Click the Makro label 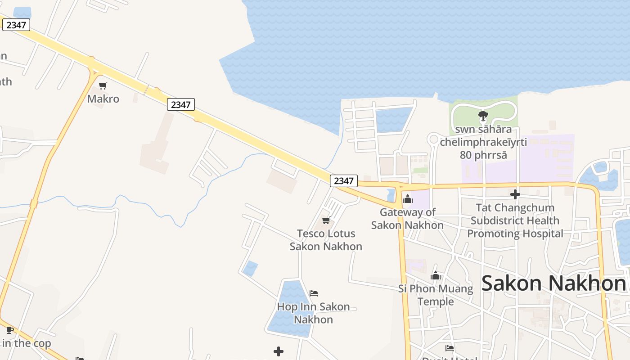tap(103, 99)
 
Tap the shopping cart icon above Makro tap(103, 85)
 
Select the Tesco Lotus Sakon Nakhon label tap(326, 240)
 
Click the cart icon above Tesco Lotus tap(326, 220)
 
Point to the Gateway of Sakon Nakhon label tap(407, 218)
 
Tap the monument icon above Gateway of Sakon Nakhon tap(408, 198)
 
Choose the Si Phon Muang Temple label tap(436, 295)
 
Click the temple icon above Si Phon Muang tap(436, 275)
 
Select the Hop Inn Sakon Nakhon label tap(313, 313)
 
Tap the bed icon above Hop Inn tap(314, 293)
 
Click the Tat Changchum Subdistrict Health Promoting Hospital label tap(515, 220)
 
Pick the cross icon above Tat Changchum tap(515, 194)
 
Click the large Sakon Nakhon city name tap(553, 283)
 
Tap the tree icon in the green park tap(483, 116)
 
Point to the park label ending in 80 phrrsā tap(483, 142)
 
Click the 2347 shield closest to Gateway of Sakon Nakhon tap(344, 180)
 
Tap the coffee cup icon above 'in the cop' tap(9, 330)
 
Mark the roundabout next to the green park tap(434, 139)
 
